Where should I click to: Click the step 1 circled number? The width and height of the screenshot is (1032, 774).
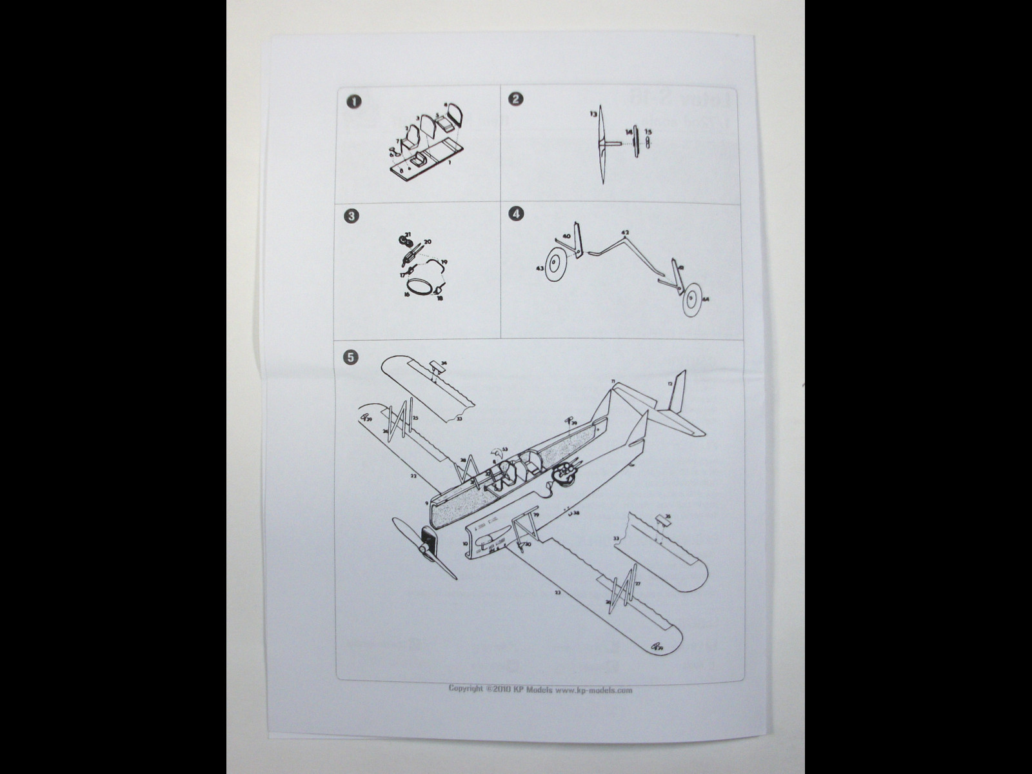[x=353, y=101]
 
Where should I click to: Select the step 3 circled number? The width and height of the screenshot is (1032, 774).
[x=352, y=216]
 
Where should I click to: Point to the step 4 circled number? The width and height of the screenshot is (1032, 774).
[x=515, y=213]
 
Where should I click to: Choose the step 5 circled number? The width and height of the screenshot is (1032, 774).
[x=350, y=357]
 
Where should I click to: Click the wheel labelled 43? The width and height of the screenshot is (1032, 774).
[x=553, y=266]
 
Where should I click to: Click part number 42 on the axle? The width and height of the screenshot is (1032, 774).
[x=624, y=232]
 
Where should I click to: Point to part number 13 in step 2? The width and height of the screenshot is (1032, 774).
[x=593, y=114]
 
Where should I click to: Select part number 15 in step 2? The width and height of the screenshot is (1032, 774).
[x=648, y=131]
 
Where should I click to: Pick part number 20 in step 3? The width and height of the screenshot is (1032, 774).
[x=427, y=242]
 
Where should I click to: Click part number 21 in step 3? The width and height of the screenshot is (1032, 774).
[x=407, y=233]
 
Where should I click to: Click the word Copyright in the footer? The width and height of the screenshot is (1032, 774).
[x=466, y=689]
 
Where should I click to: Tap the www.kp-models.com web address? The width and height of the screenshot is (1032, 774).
[x=593, y=690]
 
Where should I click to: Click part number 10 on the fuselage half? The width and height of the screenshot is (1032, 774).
[x=465, y=544]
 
